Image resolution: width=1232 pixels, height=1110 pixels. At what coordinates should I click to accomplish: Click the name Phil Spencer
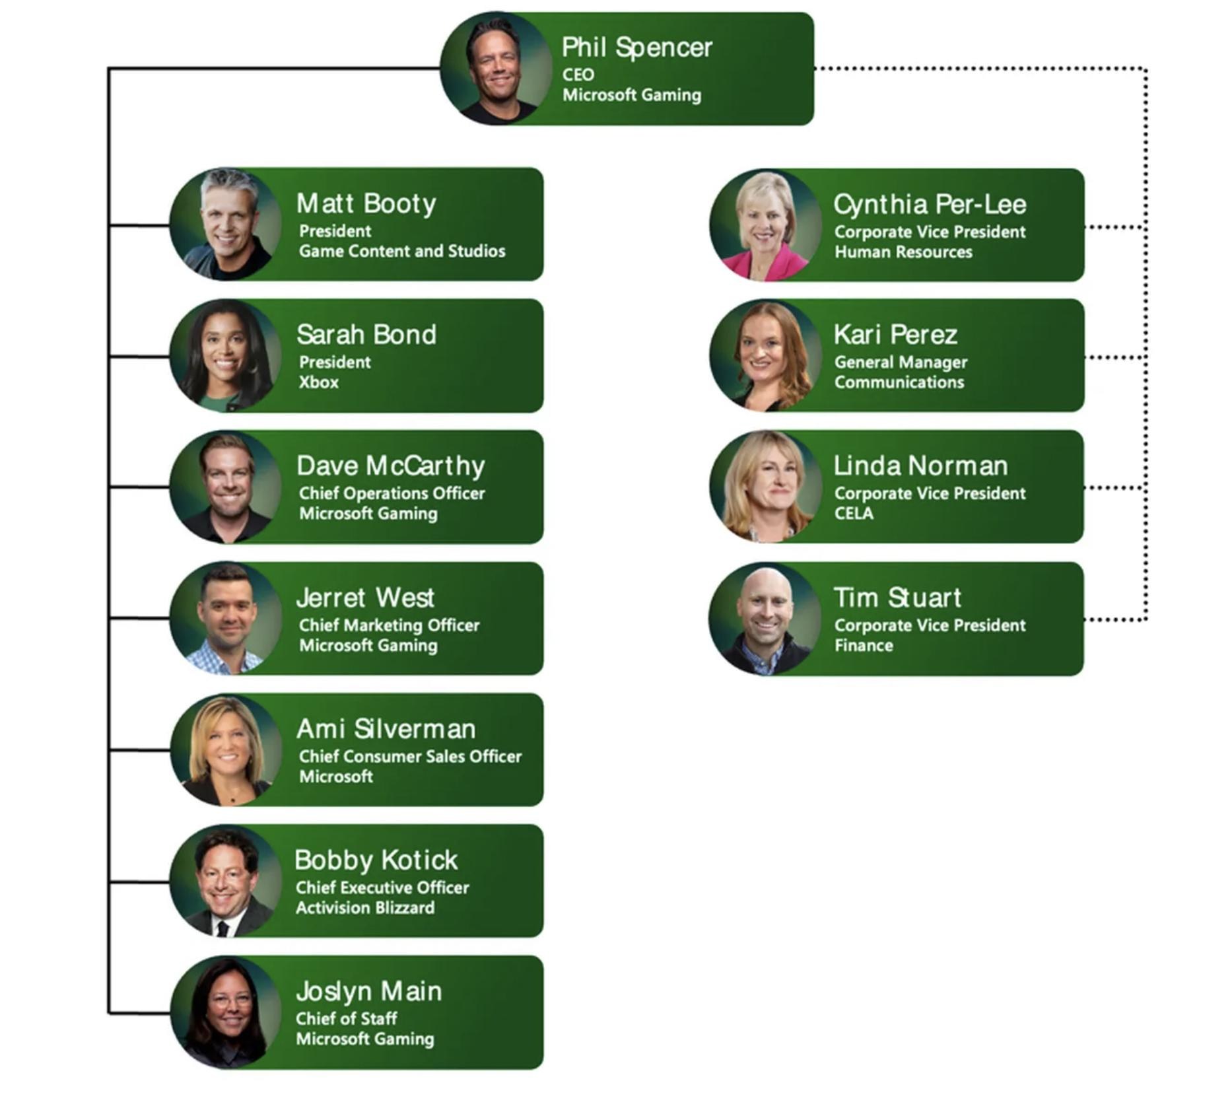pos(636,48)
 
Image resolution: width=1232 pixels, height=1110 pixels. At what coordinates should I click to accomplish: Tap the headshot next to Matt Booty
pos(226,225)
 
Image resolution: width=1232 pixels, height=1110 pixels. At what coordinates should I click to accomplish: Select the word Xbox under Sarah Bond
pos(319,382)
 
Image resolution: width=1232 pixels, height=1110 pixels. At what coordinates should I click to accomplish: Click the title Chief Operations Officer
pos(392,493)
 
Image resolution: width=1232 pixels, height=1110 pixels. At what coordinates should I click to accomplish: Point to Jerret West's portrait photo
pos(226,618)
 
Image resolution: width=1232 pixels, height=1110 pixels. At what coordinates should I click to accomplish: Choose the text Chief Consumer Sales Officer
pos(410,756)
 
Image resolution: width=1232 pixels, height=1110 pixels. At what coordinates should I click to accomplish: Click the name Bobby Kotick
pos(376,860)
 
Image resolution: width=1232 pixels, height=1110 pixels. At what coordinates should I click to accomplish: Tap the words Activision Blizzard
pos(365,908)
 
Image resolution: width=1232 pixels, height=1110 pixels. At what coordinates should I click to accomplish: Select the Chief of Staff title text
pos(347,1019)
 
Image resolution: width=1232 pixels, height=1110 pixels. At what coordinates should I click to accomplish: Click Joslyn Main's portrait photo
pos(226,1012)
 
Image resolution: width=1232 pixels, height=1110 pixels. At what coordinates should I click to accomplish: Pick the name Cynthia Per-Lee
pos(930,205)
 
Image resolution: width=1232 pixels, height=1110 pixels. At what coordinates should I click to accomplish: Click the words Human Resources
pos(903,252)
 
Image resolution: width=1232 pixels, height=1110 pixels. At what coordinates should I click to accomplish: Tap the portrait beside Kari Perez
pos(766,356)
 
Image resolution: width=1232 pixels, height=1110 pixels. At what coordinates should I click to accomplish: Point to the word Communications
pos(899,382)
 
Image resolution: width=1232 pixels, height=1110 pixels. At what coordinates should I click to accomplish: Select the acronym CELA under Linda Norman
pos(854,514)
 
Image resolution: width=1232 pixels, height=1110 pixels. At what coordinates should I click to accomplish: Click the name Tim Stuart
pos(897,598)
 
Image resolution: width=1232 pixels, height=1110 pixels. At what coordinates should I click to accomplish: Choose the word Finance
pos(864,646)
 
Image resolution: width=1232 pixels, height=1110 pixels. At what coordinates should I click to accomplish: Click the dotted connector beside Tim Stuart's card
pos(1115,619)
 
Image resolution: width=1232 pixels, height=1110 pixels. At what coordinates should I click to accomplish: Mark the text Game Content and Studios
pos(402,252)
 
